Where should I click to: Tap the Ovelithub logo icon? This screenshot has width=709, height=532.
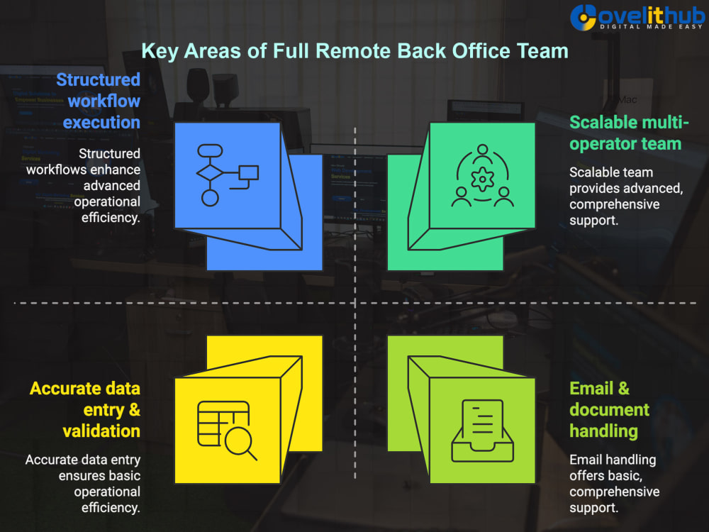coord(584,18)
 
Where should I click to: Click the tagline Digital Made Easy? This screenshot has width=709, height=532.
coord(651,27)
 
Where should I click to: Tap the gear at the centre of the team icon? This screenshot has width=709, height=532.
coord(482,179)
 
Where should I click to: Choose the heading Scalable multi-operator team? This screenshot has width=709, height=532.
coord(629,133)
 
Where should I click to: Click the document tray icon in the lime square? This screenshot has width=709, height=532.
coord(482,431)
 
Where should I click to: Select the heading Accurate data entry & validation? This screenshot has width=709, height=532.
coord(85,410)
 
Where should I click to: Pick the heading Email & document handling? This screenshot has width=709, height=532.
coord(609,410)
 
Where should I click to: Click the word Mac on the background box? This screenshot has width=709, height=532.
coord(627,99)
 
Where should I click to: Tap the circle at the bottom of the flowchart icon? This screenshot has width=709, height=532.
coord(210,198)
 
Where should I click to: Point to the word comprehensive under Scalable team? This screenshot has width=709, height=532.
coord(615,204)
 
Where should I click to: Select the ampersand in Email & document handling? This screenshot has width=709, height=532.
coord(623,389)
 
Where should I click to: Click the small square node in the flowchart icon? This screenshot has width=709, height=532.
coord(249,173)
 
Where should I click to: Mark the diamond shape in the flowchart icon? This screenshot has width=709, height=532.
coord(210,172)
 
